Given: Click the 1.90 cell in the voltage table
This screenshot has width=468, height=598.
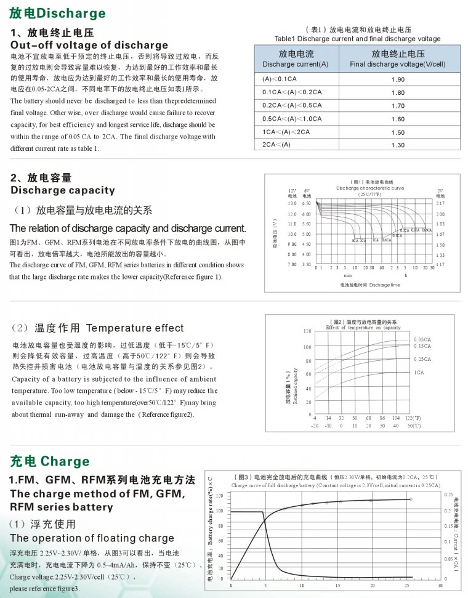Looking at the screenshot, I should tap(398, 79).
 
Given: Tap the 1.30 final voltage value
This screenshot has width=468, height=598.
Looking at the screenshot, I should tap(398, 145).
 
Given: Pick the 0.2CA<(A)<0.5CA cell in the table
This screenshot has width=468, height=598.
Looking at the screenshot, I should tap(292, 105).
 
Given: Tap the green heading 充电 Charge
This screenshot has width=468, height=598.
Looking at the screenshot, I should tap(50, 461).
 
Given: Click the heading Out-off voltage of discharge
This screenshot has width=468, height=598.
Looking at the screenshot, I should tap(89, 45).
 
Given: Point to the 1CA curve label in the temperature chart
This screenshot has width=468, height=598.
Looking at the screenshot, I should tap(419, 373).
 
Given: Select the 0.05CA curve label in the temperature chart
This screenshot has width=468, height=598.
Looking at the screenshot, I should tap(422, 339).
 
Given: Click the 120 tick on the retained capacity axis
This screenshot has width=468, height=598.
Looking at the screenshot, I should tap(307, 331).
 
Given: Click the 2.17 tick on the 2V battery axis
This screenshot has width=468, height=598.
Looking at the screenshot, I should tap(440, 203).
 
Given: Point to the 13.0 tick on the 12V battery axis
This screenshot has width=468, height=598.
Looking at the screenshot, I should tap(292, 203).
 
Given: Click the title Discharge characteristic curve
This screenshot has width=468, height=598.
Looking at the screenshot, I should tap(370, 188).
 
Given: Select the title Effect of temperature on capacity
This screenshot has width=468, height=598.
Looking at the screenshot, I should tap(363, 328).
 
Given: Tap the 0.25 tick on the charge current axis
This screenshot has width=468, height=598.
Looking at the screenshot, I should tap(448, 495).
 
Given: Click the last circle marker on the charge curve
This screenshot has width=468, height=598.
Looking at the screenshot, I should tap(411, 499).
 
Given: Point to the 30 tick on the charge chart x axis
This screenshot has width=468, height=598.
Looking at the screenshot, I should tap(440, 585).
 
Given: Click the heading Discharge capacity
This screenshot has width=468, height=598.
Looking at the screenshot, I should tap(63, 190).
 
